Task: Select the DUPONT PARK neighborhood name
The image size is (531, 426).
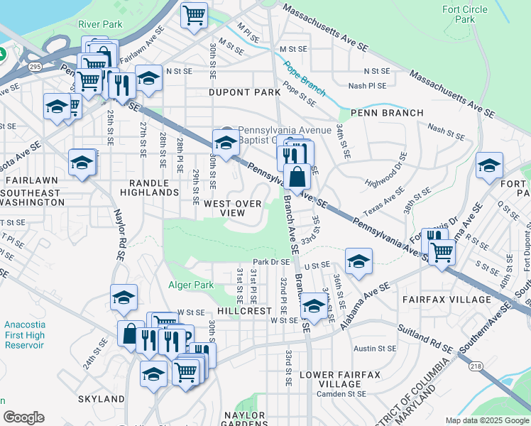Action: pos(235,92)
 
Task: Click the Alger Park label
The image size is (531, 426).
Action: pos(190,285)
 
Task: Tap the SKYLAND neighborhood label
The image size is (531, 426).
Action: pos(102,399)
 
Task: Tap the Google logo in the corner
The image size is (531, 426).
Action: pos(23,417)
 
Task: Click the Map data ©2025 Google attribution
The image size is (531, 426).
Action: pos(487,420)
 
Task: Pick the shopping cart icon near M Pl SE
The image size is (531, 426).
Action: pos(194,15)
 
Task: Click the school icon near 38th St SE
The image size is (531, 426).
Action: pos(489,166)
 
